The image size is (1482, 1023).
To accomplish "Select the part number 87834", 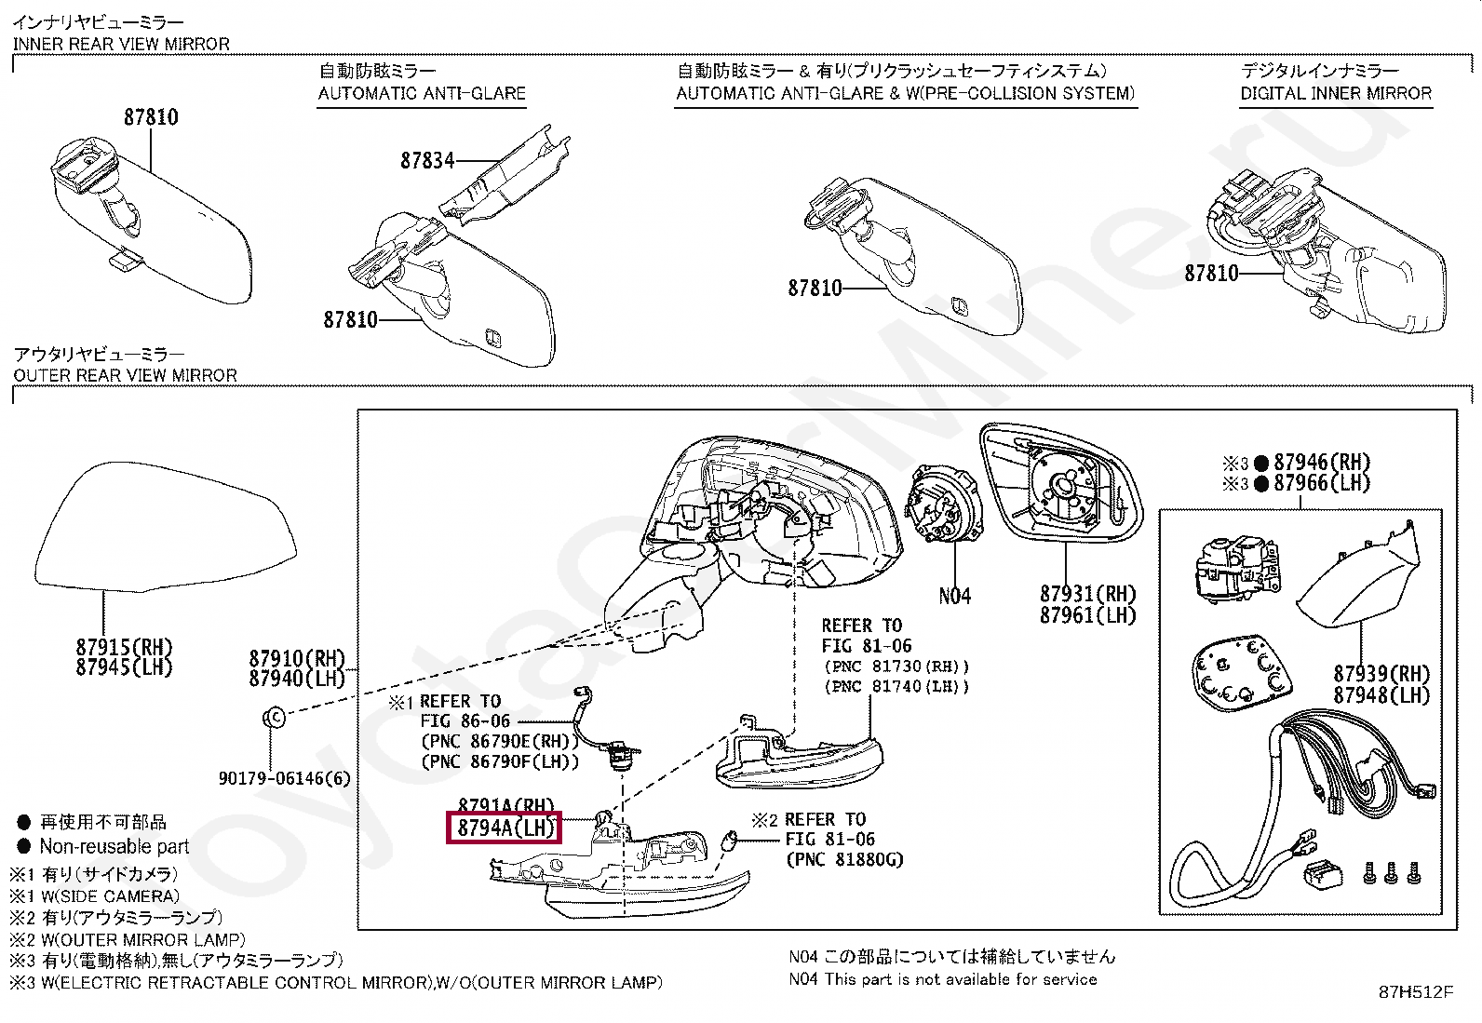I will (x=427, y=161).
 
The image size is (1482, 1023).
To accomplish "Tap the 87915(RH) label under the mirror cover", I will (x=125, y=647).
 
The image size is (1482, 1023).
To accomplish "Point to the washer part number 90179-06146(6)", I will (x=284, y=777).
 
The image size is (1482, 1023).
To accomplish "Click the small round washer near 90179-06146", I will (x=273, y=717).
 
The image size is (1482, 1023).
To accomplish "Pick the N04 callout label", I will (x=955, y=596).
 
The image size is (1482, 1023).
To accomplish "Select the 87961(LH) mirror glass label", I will (x=1088, y=615).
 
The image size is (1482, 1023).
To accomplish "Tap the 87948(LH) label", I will (x=1381, y=695).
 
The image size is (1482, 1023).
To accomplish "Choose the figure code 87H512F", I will (x=1415, y=992).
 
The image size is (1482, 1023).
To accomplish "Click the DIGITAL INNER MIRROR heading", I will (x=1336, y=93).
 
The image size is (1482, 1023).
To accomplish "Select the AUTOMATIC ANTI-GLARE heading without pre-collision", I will (x=422, y=93).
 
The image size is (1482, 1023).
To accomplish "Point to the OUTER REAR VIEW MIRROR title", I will (x=126, y=375).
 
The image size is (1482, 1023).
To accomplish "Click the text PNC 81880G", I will (x=844, y=859).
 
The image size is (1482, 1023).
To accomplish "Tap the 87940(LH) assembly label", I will (x=297, y=679).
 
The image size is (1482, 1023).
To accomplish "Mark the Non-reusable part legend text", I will (x=114, y=846).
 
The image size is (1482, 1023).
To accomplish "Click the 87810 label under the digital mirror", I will (x=1211, y=273).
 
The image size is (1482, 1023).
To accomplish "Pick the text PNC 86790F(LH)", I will (x=500, y=761).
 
